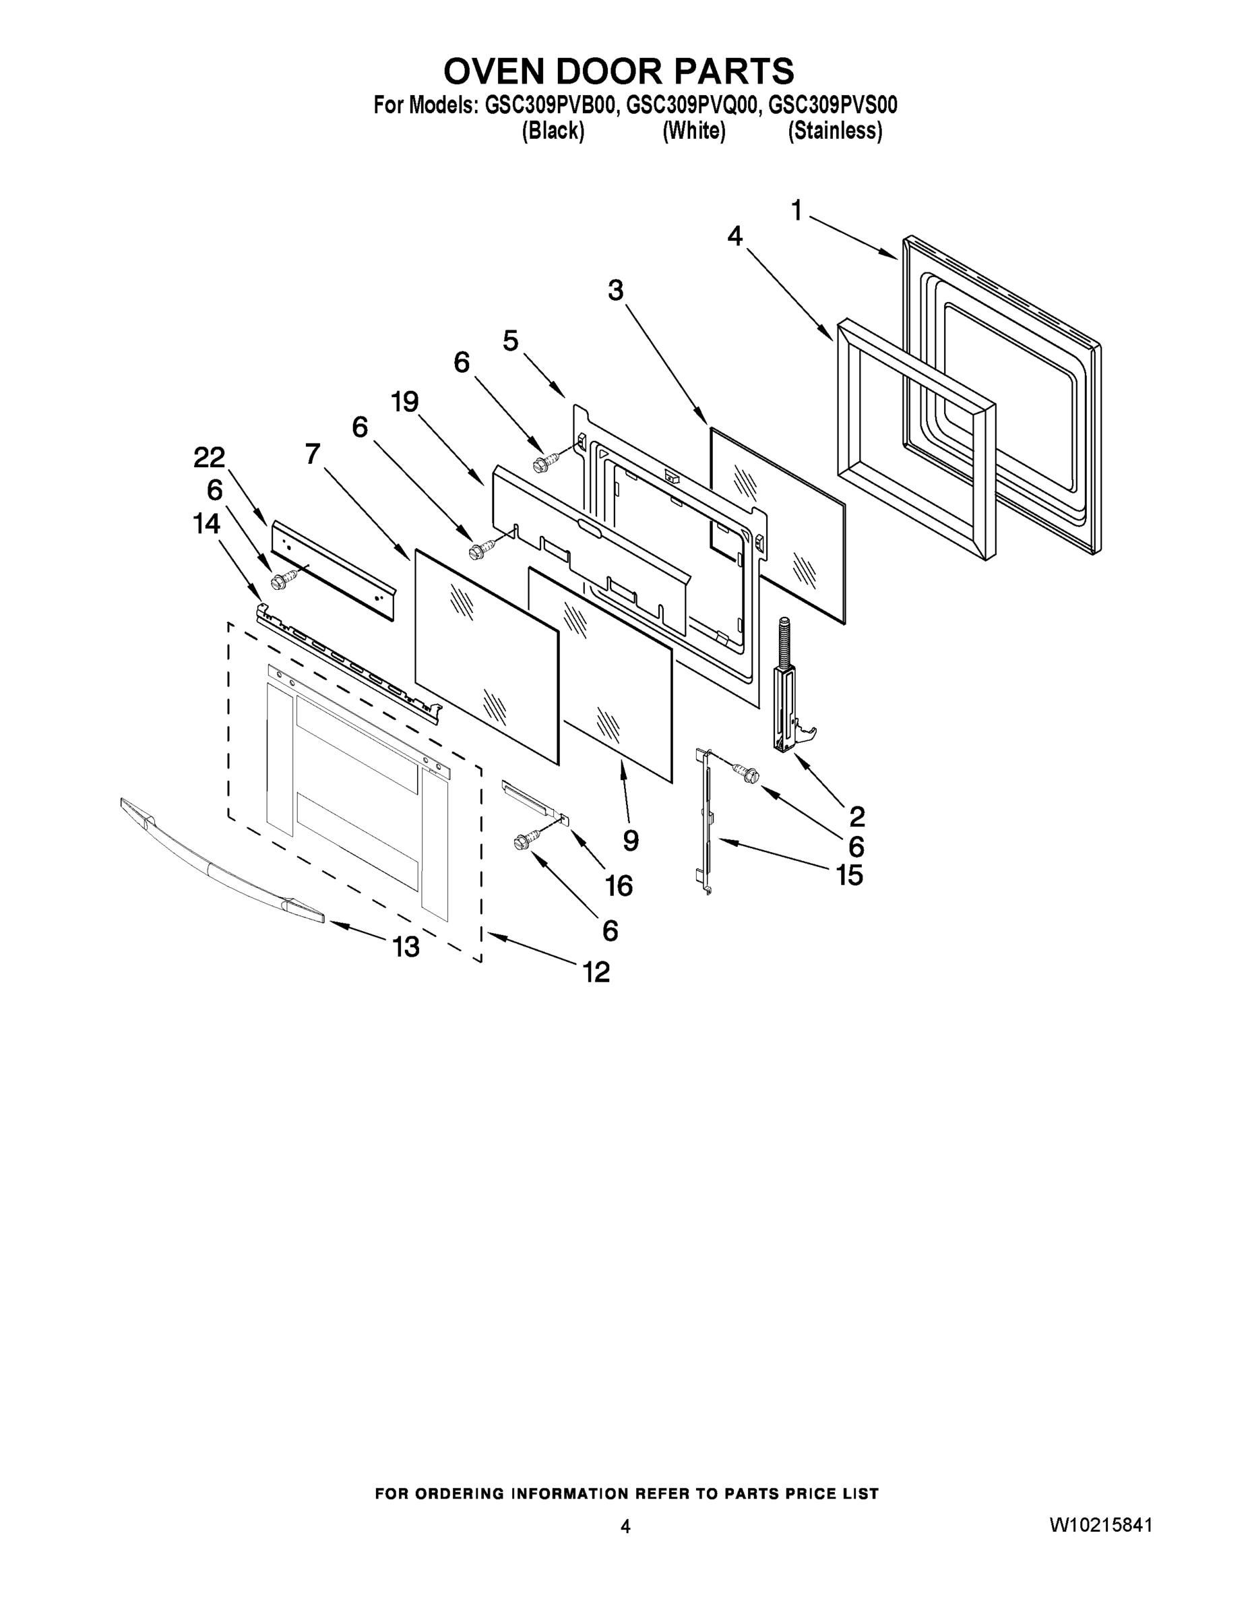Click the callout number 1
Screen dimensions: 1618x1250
[x=796, y=212]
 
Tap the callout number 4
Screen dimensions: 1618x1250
[x=734, y=237]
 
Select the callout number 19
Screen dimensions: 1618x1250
[x=405, y=402]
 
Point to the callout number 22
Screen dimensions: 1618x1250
[x=209, y=458]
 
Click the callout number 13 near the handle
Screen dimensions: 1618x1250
[x=406, y=947]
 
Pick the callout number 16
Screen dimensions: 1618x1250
[x=619, y=885]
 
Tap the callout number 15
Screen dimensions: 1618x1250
[x=849, y=876]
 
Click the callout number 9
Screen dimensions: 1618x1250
[x=630, y=840]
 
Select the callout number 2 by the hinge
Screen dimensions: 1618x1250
[x=856, y=816]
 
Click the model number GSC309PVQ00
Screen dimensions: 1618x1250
[x=693, y=106]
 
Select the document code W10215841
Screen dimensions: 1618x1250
[x=1100, y=1526]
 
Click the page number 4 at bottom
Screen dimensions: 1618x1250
[x=625, y=1526]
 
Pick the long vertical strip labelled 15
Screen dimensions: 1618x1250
[x=706, y=822]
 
